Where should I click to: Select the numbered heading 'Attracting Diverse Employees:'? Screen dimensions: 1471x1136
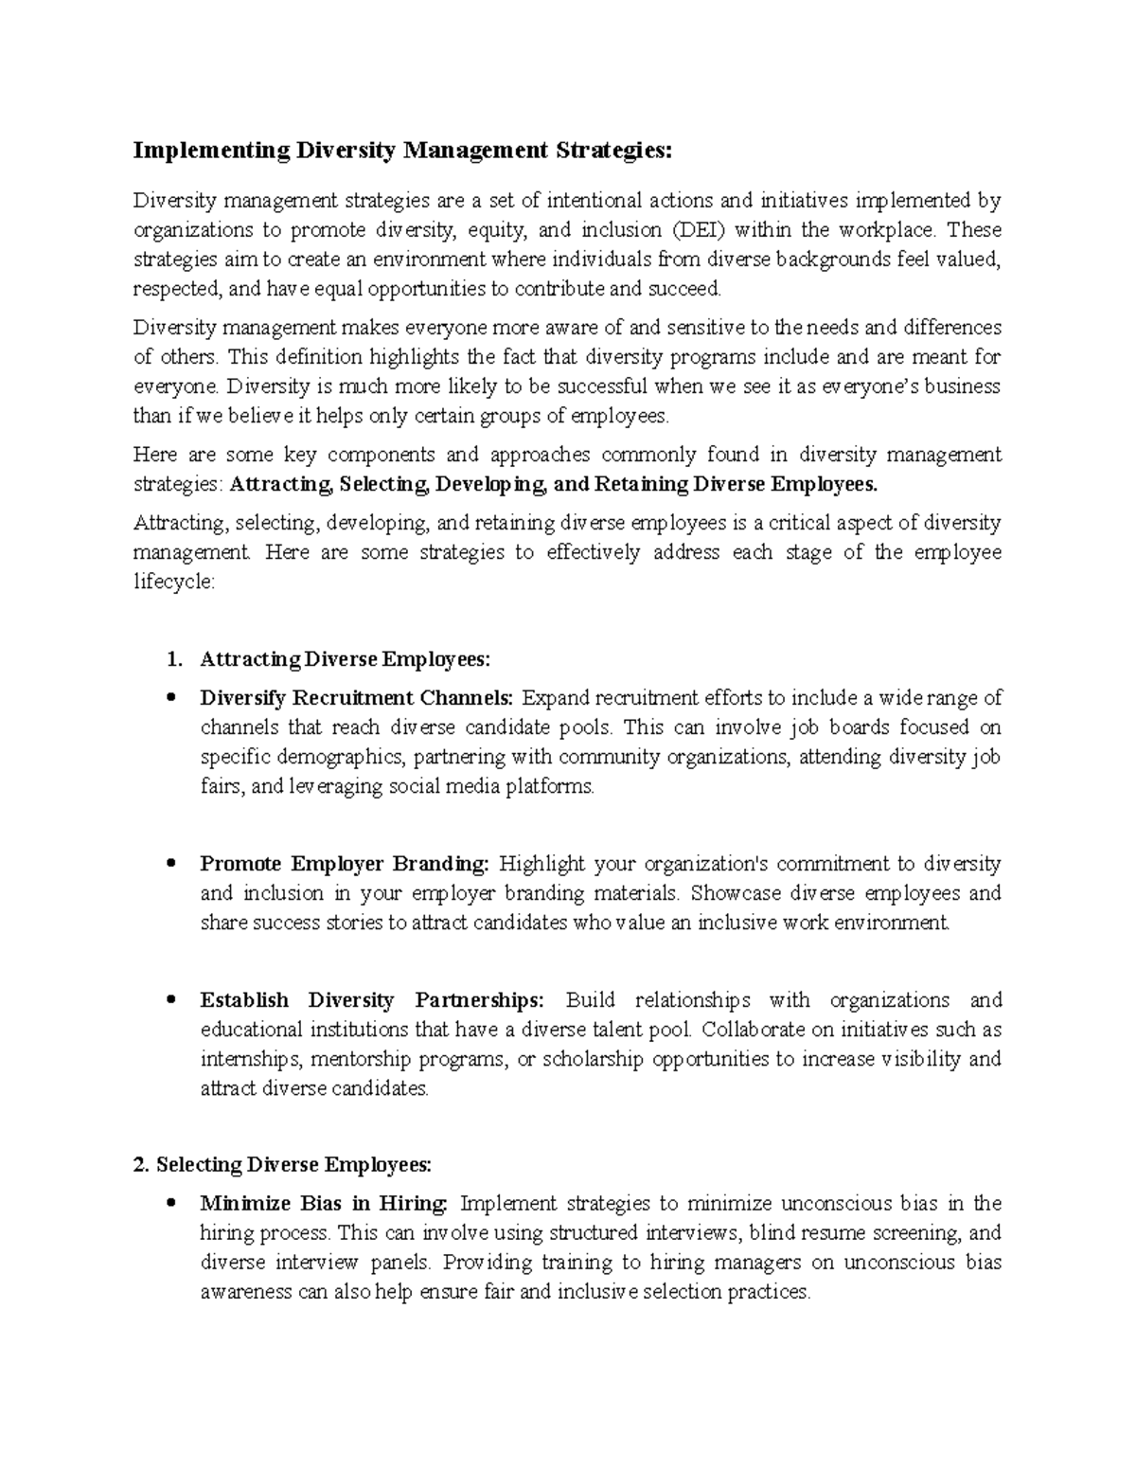tap(346, 658)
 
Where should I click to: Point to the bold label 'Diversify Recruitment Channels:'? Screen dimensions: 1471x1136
tap(356, 698)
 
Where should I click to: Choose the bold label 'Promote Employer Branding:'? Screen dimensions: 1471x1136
tap(345, 864)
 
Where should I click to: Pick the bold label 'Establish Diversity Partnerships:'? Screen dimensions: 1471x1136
tap(372, 1000)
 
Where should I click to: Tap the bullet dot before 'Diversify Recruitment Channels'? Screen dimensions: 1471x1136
tap(170, 699)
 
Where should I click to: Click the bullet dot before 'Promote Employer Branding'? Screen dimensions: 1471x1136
tap(170, 865)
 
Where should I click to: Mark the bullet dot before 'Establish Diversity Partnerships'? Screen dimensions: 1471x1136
tap(170, 1001)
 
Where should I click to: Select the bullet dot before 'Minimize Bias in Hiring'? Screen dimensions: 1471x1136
tap(170, 1205)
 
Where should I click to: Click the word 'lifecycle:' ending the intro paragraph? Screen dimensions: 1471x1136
tap(174, 582)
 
